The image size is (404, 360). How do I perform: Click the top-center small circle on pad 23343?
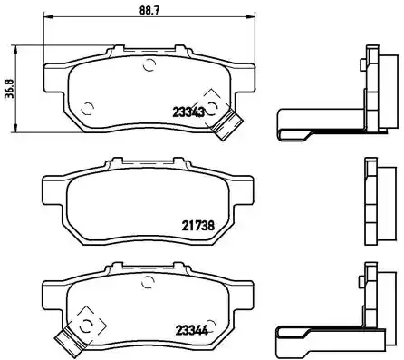[x=149, y=64]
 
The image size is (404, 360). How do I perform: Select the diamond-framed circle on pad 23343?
[x=212, y=105]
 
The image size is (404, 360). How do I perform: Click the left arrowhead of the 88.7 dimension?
[x=47, y=18]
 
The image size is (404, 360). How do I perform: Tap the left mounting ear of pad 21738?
[x=53, y=190]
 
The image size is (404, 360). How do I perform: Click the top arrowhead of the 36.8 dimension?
[x=21, y=47]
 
